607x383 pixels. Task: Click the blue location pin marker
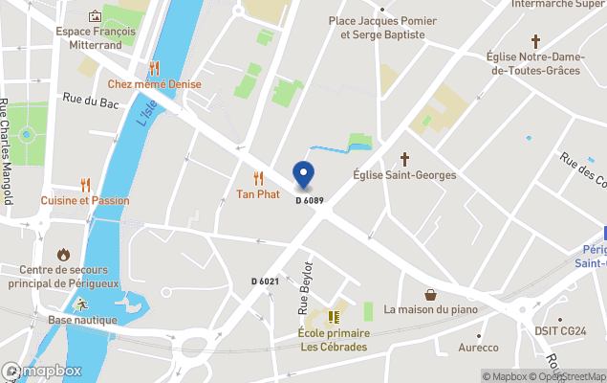coord(303,175)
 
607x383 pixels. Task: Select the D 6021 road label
coord(265,281)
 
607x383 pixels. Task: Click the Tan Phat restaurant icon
coord(258,177)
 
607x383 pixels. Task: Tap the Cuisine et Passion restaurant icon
coord(85,184)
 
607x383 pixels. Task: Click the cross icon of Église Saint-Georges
coord(404,158)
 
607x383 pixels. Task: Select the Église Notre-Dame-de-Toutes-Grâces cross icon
coord(535,41)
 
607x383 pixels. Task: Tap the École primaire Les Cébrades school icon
coord(333,317)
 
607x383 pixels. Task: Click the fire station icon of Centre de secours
coord(64,255)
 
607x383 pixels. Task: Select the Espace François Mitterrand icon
coord(95,16)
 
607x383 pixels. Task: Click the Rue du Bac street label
coord(90,99)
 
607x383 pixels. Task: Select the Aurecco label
coord(478,348)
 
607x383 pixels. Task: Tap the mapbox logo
coord(42,371)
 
